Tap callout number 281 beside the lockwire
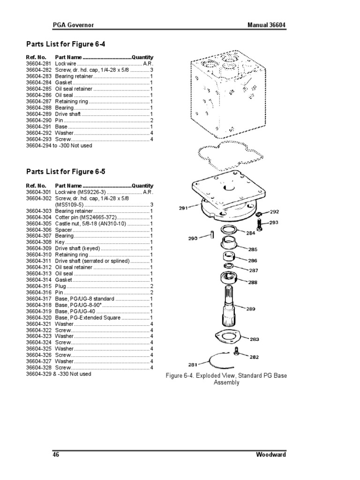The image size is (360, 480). tap(193, 364)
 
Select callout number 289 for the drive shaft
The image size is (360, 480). tap(251, 308)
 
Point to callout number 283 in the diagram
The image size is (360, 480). tap(254, 339)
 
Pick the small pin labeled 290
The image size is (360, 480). tap(212, 233)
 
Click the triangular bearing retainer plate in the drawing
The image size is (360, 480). tap(225, 337)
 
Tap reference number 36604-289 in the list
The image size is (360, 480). tap(38, 114)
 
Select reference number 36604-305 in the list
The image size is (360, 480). tap(38, 224)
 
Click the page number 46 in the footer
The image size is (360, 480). tap(55, 455)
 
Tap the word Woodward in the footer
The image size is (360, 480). tap(271, 455)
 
